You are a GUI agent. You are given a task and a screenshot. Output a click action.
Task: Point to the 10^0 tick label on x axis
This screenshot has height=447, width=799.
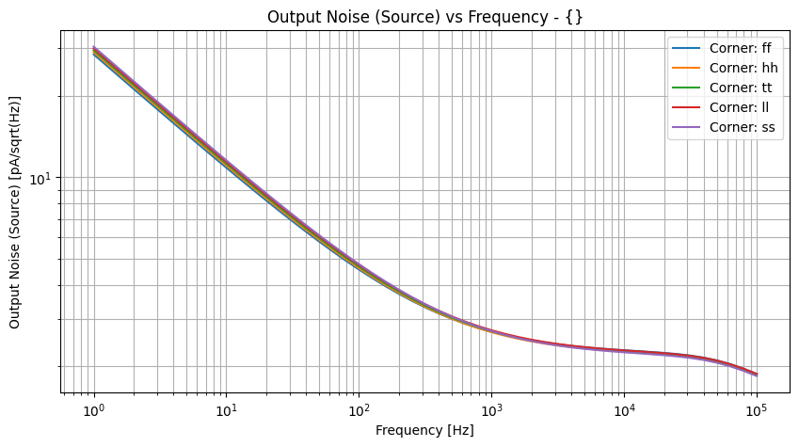pos(93,410)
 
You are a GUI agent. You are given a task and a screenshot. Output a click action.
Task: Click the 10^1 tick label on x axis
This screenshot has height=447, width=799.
pos(226,410)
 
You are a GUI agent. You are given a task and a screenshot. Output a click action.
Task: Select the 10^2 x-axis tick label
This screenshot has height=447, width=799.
pos(359,410)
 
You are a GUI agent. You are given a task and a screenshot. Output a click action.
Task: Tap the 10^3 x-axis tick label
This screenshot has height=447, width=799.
pos(491,410)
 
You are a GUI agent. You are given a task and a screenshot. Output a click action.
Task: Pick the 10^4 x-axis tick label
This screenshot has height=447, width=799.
pos(623,410)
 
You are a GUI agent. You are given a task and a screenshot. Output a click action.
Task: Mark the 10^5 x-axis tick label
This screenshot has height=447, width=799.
pos(756,410)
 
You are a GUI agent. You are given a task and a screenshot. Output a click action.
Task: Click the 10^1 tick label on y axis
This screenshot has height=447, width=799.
pos(40,179)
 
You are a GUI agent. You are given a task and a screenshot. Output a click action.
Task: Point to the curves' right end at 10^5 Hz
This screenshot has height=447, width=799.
pos(756,375)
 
